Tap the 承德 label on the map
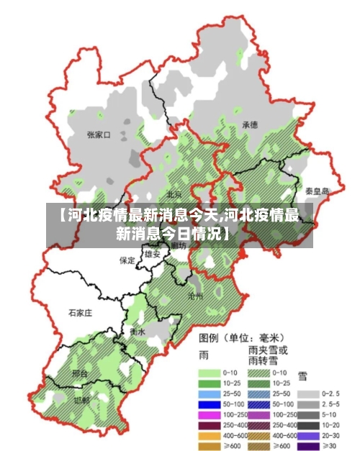coord(250,124)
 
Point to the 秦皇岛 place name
coord(316,191)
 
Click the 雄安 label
coord(152,254)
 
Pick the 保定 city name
coord(127,260)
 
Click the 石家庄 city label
coord(81,313)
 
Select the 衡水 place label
coord(138,332)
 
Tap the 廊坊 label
coord(178,246)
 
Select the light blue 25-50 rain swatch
coord(209,394)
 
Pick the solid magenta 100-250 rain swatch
coord(209,415)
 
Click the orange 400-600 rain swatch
coord(209,435)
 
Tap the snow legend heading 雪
coord(302,375)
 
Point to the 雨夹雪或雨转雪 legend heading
coord(268,355)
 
